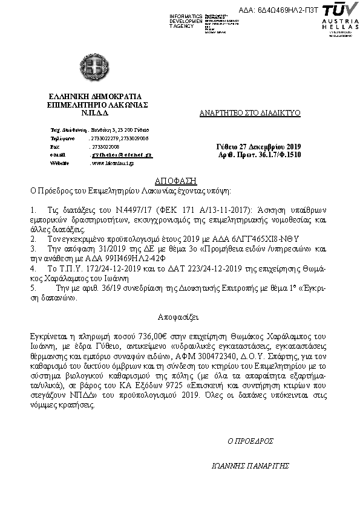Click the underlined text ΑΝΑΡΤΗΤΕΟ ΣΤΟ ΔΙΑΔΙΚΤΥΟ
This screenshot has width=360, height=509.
click(x=250, y=113)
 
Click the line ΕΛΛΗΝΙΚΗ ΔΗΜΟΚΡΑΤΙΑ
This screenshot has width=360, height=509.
click(x=94, y=96)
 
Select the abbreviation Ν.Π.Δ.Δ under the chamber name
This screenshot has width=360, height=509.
click(x=94, y=112)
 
